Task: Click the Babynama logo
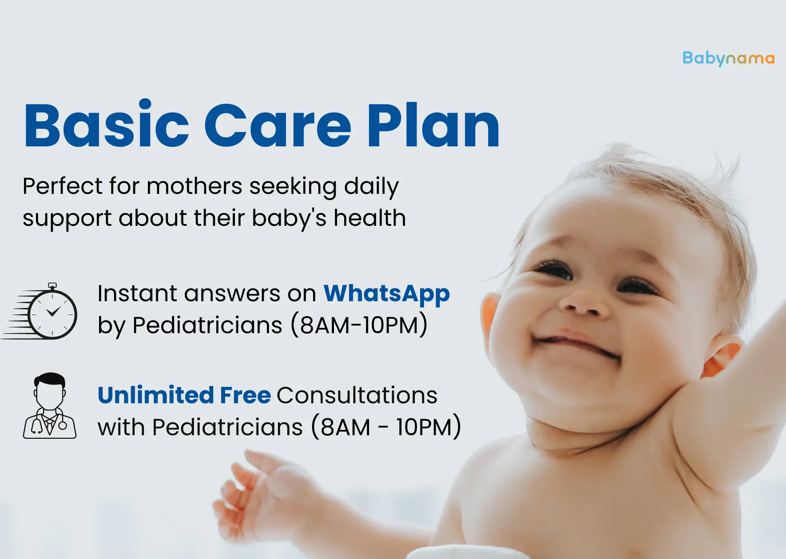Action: click(728, 59)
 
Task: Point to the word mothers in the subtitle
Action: click(194, 186)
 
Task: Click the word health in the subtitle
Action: click(369, 218)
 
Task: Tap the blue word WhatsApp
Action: click(386, 294)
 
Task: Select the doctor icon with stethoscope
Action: click(50, 406)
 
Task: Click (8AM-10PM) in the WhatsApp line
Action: click(359, 325)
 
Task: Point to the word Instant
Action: click(138, 294)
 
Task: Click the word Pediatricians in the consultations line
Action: click(227, 427)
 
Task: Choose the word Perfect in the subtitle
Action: click(63, 186)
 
